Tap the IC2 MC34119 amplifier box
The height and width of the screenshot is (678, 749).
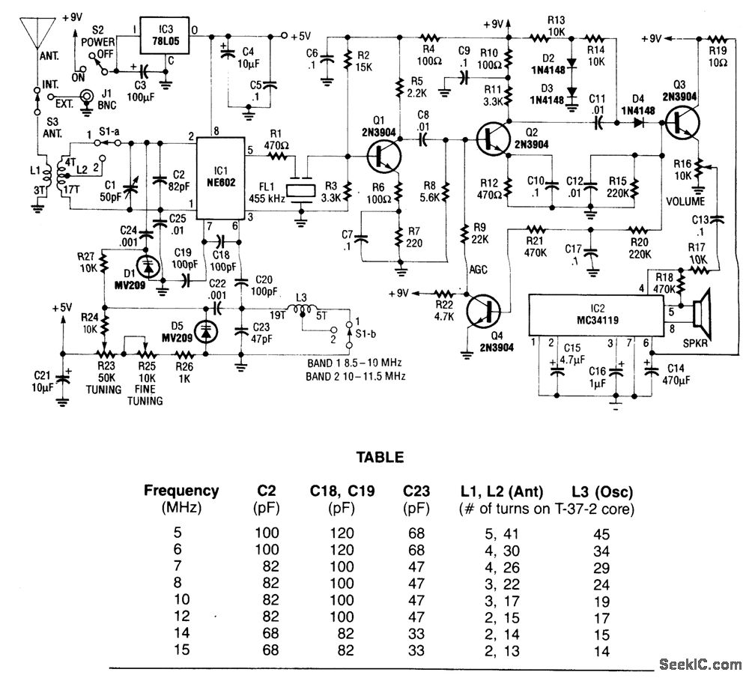595,315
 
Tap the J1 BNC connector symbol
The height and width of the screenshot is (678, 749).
87,97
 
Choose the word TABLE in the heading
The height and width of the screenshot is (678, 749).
379,457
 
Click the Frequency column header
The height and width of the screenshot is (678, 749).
181,491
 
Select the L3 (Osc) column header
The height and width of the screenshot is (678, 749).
601,492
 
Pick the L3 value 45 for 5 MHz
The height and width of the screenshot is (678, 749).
601,534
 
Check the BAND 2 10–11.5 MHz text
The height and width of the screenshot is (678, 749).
357,377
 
